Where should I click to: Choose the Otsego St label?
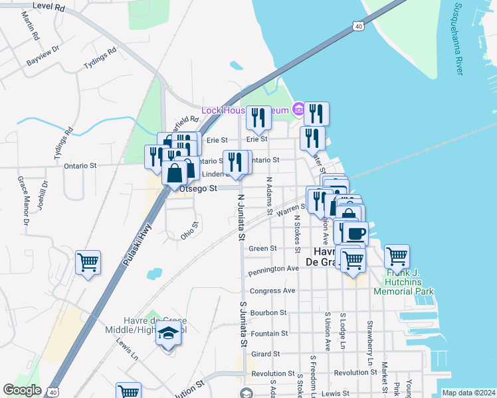coord(199,189)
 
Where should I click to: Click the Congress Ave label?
coord(272,291)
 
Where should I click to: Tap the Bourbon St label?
coord(268,312)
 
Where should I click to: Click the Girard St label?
coord(265,354)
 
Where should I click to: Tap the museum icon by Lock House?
coord(298,109)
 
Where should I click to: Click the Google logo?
coord(23,390)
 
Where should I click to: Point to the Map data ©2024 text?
coord(468,393)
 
